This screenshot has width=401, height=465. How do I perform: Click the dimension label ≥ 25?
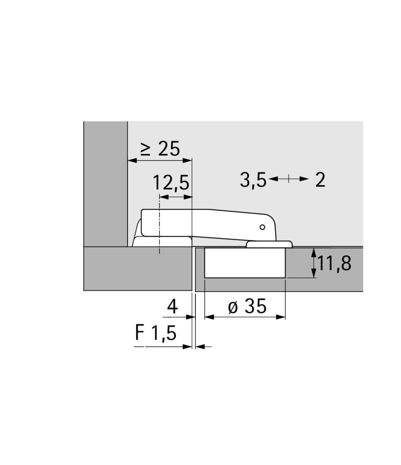coord(160,149)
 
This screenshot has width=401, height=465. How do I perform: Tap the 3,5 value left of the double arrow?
coord(253,179)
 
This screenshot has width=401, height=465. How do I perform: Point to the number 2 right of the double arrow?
coord(320,179)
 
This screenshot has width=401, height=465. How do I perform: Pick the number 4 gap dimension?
coord(172,306)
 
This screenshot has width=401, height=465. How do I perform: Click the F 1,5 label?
coord(156,334)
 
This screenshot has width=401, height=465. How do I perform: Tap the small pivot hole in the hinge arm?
coord(262,227)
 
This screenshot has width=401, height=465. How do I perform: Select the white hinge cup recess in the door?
coord(245,263)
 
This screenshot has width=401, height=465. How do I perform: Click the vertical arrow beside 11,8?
coord(314,263)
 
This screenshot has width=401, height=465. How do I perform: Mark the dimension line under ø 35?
coord(245,317)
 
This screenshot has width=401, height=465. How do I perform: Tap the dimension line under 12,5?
coord(175,197)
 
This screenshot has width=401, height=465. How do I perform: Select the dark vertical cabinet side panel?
coord(106,184)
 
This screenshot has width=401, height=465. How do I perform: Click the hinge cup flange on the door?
coord(269,244)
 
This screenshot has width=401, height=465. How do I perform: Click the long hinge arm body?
coord(209,222)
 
